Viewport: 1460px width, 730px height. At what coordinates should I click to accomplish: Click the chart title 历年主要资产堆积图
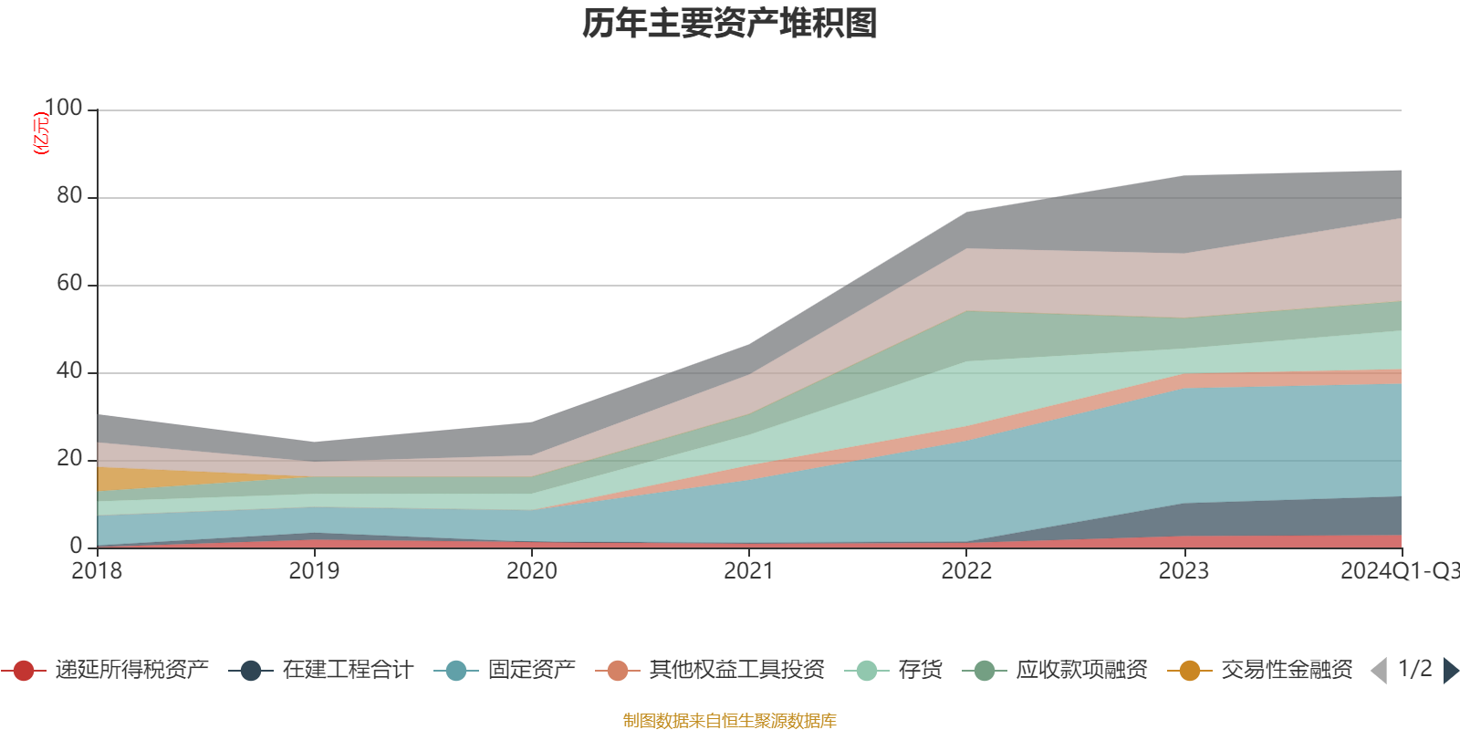tap(730, 24)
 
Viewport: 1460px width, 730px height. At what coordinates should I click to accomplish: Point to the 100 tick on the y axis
tap(63, 109)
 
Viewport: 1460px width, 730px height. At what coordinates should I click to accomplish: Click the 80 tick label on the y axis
tap(69, 196)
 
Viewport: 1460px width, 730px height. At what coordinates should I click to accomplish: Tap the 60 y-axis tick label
tap(69, 284)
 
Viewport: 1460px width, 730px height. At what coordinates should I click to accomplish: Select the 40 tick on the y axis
tap(69, 371)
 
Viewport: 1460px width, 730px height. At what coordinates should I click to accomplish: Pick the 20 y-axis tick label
tap(69, 459)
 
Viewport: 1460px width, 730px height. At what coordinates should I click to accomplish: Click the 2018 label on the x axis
tap(97, 571)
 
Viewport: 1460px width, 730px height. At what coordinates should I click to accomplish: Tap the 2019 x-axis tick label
tap(314, 571)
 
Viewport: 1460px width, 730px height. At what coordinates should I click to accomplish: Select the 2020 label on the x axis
tap(531, 571)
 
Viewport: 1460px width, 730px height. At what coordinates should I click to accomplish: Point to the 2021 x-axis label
tap(748, 571)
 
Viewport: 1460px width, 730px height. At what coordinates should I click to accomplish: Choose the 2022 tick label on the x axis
tap(966, 571)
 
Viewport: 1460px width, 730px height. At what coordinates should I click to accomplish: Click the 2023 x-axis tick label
tap(1184, 571)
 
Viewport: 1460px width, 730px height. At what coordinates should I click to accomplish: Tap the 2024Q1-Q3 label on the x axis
tap(1398, 571)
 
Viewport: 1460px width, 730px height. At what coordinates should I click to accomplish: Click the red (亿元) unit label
tap(41, 133)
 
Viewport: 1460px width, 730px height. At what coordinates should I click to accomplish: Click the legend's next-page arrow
tap(1450, 671)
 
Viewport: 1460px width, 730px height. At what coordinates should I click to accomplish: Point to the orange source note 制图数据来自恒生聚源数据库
tap(730, 721)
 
